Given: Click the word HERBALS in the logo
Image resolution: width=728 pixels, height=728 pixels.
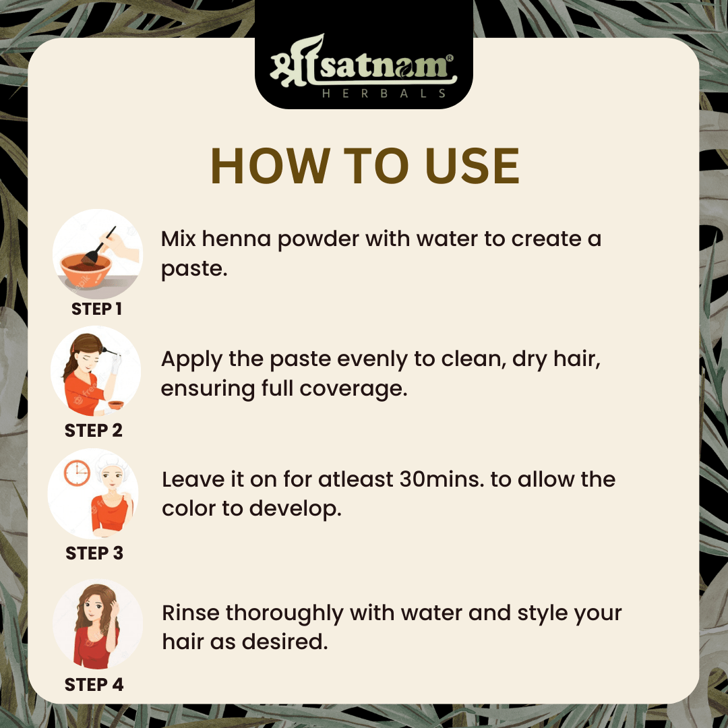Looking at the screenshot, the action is point(384,93).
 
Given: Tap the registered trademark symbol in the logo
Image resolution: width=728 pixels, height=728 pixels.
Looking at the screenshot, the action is point(450,58).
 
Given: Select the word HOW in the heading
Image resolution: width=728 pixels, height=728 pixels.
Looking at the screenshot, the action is point(271,166).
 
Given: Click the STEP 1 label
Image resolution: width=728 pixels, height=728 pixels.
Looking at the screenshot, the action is point(96,309).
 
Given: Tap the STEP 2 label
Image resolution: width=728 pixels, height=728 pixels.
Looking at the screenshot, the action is point(94,430).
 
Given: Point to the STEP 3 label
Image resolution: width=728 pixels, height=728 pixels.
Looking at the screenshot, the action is point(94,553).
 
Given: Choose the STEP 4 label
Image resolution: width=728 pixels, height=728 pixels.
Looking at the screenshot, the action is point(94,684).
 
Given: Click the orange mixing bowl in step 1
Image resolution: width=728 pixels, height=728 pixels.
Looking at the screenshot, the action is point(86,270).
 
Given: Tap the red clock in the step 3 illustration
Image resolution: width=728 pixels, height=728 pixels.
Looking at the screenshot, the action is point(77,473).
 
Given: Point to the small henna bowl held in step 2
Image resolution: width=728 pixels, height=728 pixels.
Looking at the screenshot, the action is point(116,404).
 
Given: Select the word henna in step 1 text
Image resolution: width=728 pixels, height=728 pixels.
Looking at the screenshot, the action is point(237,239).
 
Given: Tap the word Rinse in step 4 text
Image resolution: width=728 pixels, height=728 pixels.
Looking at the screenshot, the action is point(191,613).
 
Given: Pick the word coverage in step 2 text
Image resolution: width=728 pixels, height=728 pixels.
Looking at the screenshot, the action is point(353,389).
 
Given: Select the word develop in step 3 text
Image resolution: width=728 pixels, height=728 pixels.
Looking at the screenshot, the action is point(295,510).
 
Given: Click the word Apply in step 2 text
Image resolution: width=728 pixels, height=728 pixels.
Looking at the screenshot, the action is point(191,360).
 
